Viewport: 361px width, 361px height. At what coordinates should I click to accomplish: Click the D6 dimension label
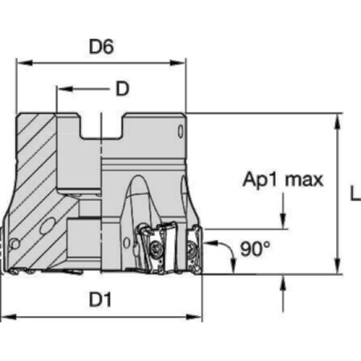tap(101, 47)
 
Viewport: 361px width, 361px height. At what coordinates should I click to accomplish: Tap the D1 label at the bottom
tap(100, 300)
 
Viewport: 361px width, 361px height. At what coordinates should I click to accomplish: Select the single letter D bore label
tap(122, 88)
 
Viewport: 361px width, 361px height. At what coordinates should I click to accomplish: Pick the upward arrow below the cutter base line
tap(284, 282)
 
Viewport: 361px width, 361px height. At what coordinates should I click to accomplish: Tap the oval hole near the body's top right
tap(181, 131)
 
